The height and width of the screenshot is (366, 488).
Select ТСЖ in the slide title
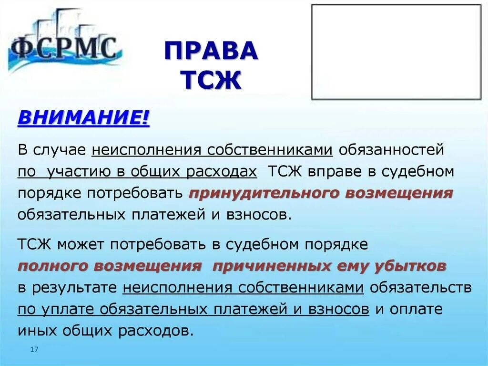(211, 80)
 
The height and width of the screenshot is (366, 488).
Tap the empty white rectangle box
(396, 52)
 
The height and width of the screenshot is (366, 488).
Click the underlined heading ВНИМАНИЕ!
(83, 117)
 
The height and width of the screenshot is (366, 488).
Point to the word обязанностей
(391, 150)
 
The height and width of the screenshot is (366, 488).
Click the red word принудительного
(260, 193)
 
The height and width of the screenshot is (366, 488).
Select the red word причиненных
(271, 266)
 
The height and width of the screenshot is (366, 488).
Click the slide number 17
(33, 350)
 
